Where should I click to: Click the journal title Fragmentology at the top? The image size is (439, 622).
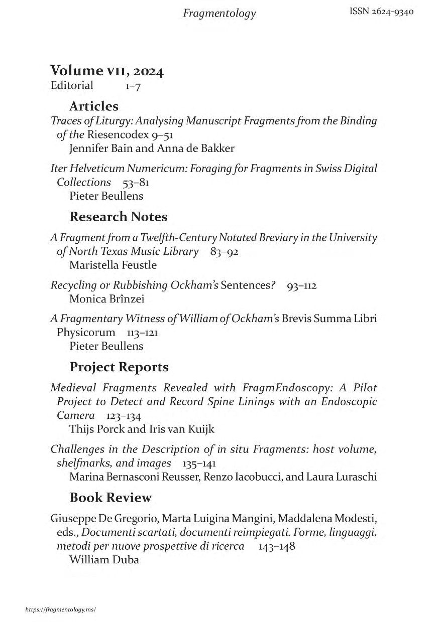click(x=219, y=14)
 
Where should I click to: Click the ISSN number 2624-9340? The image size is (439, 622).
click(x=381, y=12)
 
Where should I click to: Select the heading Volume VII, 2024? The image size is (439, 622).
click(x=107, y=72)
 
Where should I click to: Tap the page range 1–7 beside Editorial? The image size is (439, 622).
click(x=133, y=87)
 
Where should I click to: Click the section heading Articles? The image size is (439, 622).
click(x=94, y=106)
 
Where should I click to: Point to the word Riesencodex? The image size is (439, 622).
click(x=115, y=134)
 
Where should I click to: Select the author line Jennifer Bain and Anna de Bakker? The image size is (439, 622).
click(x=152, y=148)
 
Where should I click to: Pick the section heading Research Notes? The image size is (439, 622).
click(x=118, y=217)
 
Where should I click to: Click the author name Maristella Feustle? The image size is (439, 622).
click(x=113, y=265)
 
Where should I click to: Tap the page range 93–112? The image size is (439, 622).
click(x=301, y=286)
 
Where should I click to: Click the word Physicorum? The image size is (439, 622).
click(x=86, y=332)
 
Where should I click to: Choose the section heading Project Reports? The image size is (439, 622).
click(x=119, y=367)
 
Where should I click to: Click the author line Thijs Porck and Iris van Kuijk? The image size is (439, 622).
click(x=142, y=429)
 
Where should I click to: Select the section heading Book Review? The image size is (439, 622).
click(x=111, y=498)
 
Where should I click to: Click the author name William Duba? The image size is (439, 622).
click(x=104, y=560)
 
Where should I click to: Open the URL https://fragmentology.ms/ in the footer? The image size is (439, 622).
click(x=60, y=609)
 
